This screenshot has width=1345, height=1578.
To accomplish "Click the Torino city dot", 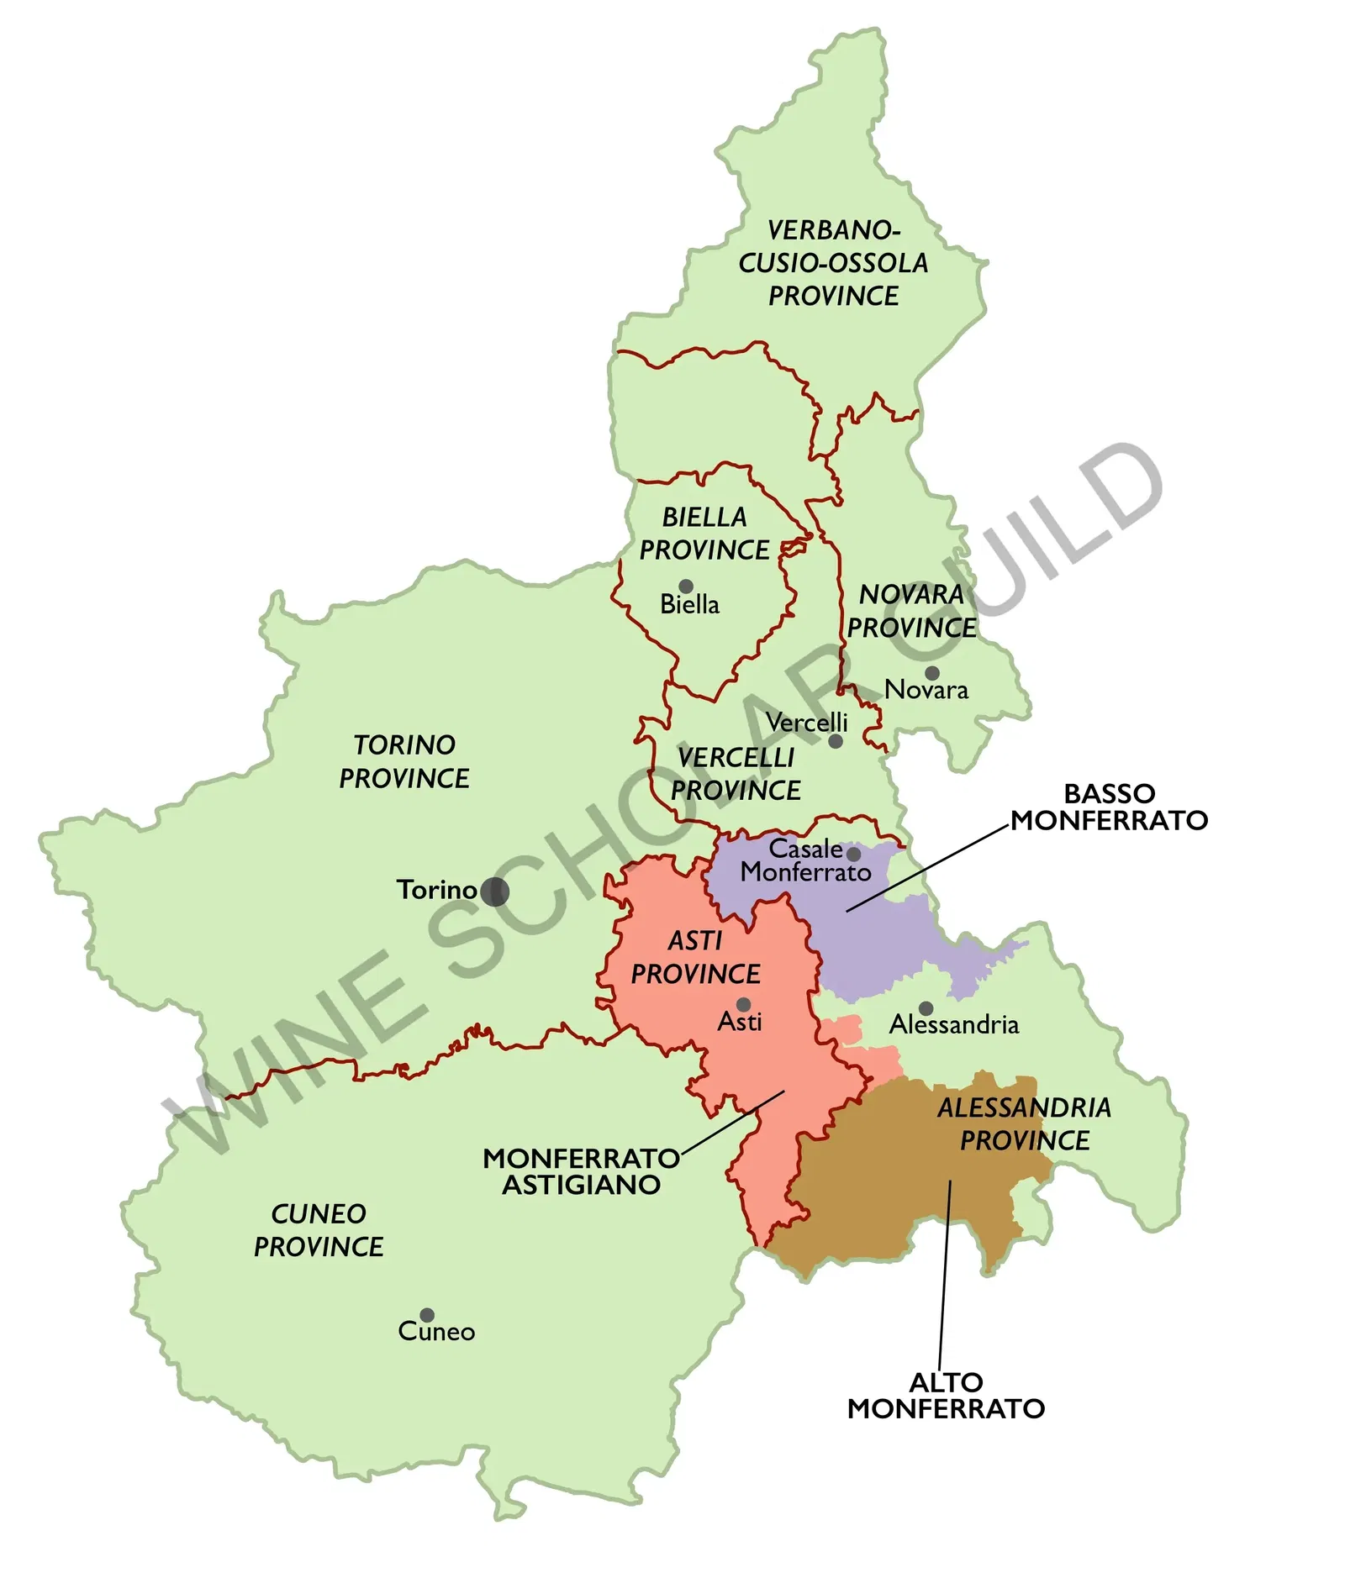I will pos(494,892).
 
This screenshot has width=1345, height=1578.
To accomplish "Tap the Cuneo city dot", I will pos(427,1315).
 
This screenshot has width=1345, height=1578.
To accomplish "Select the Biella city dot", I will pos(686,586).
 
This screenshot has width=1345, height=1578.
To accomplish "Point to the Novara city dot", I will pos(932,673).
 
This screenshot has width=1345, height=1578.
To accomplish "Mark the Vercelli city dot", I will pos(836,741).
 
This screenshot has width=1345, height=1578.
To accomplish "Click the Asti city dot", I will pos(743,1005).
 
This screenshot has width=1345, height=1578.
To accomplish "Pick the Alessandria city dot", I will pos(926,1008).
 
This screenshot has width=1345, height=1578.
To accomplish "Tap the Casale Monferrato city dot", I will pos(853,855).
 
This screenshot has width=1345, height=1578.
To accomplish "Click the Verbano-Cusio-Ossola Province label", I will pos(833,263).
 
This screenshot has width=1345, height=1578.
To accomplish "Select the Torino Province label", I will pos(404,761).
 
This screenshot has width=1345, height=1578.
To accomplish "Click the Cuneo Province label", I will pos(319,1230).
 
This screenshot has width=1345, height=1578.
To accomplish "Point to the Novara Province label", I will pos(911,611).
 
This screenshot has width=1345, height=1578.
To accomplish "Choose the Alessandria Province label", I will pos(1024,1123).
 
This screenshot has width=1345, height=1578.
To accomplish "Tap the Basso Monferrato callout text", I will pos(1109,807).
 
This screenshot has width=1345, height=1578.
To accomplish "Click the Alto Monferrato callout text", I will pos(946,1395).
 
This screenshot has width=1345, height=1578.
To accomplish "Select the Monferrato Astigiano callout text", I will pos(581,1171).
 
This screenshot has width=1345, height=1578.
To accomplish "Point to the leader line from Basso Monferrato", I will pos(925,870).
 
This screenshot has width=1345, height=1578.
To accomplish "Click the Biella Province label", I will pos(704,534).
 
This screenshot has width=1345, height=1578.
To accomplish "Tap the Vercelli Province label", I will pos(736,774).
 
